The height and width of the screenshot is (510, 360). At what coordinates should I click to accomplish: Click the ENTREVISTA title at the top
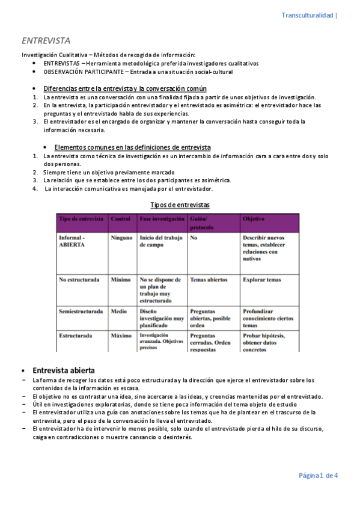(46, 41)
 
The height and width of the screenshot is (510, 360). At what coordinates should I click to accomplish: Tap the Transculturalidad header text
(308, 15)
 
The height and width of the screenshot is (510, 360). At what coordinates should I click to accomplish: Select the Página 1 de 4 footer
(319, 476)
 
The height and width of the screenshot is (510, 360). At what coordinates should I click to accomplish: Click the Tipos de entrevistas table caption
(180, 205)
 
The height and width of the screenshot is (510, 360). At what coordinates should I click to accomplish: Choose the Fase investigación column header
(162, 220)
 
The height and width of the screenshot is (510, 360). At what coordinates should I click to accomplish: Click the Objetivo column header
(253, 220)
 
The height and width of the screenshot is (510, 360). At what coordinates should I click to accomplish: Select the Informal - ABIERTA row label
(72, 242)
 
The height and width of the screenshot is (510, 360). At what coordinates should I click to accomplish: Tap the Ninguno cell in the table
(122, 238)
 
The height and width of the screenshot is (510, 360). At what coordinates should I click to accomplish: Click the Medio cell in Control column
(120, 312)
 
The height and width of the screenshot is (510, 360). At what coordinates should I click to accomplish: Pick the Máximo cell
(121, 336)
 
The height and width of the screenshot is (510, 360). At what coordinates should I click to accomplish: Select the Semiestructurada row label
(81, 312)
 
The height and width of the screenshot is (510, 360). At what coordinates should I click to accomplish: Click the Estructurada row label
(75, 336)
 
